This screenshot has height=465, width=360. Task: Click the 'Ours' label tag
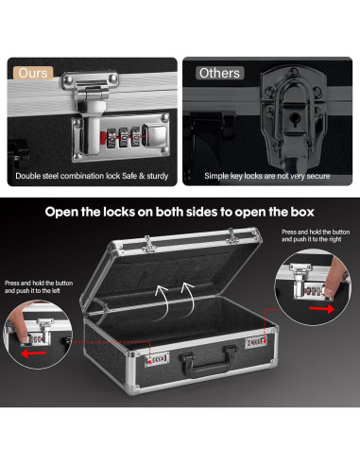pyautogui.click(x=33, y=73)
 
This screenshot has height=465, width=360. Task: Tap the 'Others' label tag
pyautogui.click(x=219, y=73)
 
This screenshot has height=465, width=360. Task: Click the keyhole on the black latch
pyautogui.click(x=295, y=120)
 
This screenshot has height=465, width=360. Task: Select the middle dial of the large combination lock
pyautogui.click(x=124, y=137)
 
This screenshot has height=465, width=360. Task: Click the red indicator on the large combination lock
pyautogui.click(x=103, y=137)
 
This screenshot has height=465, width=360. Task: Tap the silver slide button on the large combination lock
pyautogui.click(x=154, y=136)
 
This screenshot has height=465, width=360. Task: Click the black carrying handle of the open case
pyautogui.click(x=209, y=360)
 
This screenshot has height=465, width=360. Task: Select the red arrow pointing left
pyautogui.click(x=34, y=354)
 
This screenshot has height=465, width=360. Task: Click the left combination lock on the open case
pyautogui.click(x=157, y=359)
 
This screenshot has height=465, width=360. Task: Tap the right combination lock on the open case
pyautogui.click(x=256, y=342)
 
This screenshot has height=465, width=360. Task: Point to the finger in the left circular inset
pyautogui.click(x=18, y=326)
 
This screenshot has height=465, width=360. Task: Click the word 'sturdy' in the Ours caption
pyautogui.click(x=158, y=176)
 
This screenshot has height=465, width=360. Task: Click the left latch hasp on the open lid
pyautogui.click(x=149, y=244)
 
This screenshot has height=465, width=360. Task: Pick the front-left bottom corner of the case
pyautogui.click(x=131, y=389)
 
